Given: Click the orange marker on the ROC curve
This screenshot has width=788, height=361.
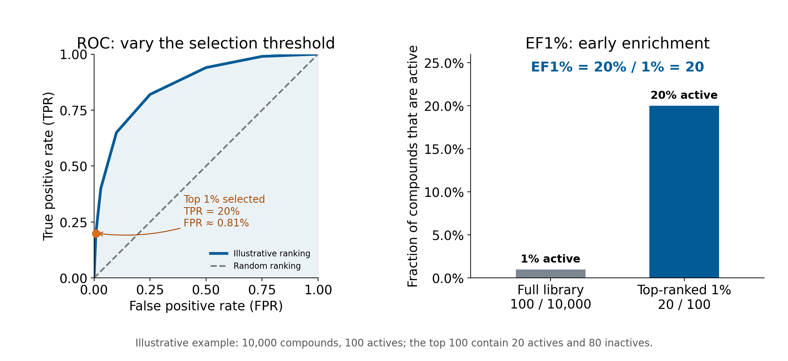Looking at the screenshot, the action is (x=96, y=233).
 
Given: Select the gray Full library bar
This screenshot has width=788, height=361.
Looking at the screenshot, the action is (x=551, y=273).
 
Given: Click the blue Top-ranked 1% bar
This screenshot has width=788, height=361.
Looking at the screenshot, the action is (x=684, y=192).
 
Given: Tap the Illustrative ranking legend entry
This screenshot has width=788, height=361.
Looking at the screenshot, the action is (x=259, y=253).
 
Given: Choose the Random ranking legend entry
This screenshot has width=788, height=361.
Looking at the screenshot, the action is (x=255, y=266).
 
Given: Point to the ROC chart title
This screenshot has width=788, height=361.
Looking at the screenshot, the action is (x=206, y=43).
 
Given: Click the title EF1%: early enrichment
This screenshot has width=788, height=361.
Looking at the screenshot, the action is (x=617, y=43).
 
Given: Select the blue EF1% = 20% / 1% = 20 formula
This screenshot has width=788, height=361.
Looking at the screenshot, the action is (x=617, y=67).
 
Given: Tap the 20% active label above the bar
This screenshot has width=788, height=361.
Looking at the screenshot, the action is (x=684, y=95).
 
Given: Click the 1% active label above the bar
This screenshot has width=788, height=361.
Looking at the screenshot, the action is (x=551, y=259).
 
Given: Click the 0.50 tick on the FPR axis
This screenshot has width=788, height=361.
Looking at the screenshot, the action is (x=206, y=290).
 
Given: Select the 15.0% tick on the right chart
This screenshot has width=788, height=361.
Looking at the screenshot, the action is (x=444, y=149).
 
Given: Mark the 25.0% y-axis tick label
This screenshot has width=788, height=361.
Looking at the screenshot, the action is (x=444, y=63).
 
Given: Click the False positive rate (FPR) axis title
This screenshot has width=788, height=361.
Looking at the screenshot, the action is (x=206, y=306).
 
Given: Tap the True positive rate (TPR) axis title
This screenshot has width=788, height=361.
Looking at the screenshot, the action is (x=48, y=166).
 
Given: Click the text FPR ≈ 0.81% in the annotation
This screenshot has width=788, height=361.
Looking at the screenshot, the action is (x=216, y=223).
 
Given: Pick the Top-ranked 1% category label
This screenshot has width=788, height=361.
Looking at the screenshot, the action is (x=684, y=290).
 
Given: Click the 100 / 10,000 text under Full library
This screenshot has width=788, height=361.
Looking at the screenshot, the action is (x=551, y=304).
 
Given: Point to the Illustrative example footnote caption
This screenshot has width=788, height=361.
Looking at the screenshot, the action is (x=394, y=343).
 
